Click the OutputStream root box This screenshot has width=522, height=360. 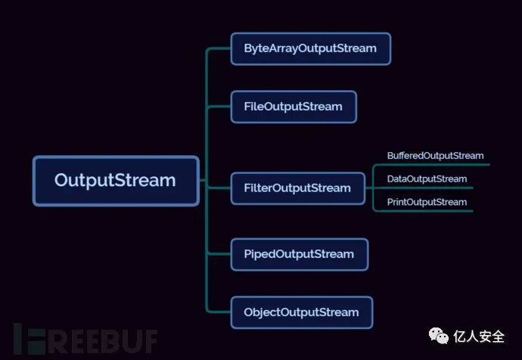[116, 181]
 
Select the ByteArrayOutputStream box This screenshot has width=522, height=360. [310, 48]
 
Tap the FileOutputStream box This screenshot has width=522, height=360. [294, 107]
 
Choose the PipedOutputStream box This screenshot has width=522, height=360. [300, 254]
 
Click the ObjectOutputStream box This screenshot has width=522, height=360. [302, 312]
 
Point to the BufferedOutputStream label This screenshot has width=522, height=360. [435, 156]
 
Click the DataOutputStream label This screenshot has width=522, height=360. [427, 179]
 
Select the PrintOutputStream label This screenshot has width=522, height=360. [427, 202]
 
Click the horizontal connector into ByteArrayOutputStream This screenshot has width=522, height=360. [219, 49]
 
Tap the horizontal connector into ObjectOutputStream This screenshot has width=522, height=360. [219, 312]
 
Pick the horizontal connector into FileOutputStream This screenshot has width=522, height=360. [219, 107]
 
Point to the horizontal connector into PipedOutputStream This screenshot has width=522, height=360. [219, 254]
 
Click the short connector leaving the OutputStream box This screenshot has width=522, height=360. [203, 181]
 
